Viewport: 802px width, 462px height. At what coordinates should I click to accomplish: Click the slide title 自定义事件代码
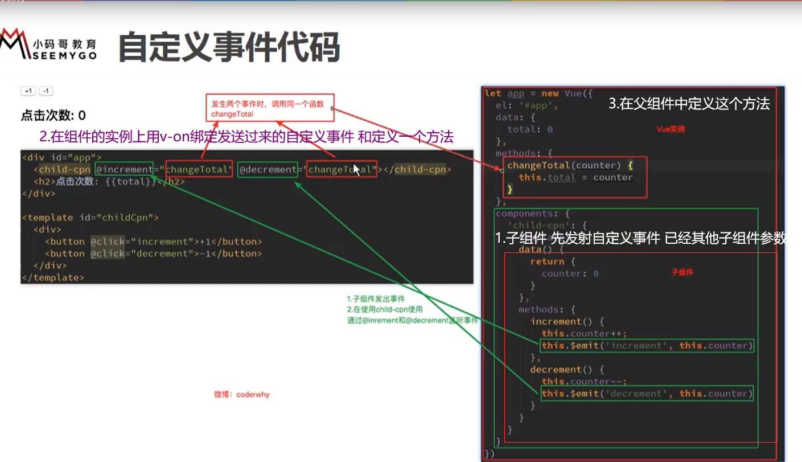pos(229,47)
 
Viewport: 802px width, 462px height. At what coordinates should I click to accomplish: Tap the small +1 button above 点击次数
pos(28,91)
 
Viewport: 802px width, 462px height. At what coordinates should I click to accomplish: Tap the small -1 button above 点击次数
pos(46,91)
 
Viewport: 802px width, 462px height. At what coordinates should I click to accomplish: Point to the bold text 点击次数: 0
pos(53,116)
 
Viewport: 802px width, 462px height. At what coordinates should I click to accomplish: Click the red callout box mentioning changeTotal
pos(270,107)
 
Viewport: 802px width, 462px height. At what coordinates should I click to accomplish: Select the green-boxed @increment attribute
pos(124,169)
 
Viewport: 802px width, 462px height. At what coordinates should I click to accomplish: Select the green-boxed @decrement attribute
pos(268,169)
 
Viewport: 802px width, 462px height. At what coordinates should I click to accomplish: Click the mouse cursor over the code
pos(356,170)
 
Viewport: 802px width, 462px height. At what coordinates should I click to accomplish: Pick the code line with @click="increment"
pos(154,242)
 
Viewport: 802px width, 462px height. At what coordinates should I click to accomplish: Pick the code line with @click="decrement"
pos(154,254)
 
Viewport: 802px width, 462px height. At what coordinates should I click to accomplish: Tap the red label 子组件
pos(682,273)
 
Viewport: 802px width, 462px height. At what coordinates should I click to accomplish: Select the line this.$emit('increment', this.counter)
pos(647,345)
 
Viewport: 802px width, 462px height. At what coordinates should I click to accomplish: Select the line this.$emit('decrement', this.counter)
pos(647,394)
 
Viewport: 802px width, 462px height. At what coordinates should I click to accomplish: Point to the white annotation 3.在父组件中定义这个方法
pos(689,104)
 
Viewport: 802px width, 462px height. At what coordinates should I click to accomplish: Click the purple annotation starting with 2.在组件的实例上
pos(246,137)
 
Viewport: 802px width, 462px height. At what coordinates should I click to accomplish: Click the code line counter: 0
pos(570,273)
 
